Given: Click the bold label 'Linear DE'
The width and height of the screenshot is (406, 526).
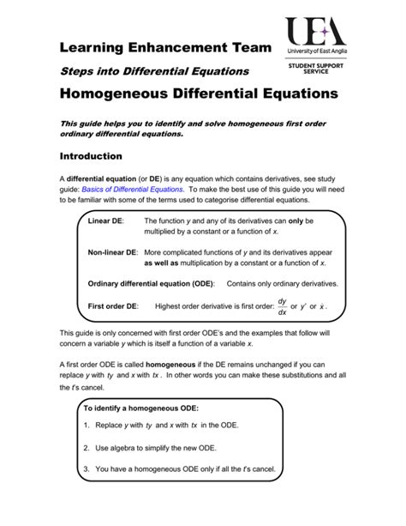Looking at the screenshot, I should pyautogui.click(x=105, y=221).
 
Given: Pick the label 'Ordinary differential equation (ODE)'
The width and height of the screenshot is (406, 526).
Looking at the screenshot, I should pyautogui.click(x=152, y=284).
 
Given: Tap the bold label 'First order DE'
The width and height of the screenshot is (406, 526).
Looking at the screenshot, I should pyautogui.click(x=113, y=306).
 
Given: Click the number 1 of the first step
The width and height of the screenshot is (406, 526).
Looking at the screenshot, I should pyautogui.click(x=87, y=426).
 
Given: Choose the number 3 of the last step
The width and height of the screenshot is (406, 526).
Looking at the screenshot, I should pyautogui.click(x=87, y=469).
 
